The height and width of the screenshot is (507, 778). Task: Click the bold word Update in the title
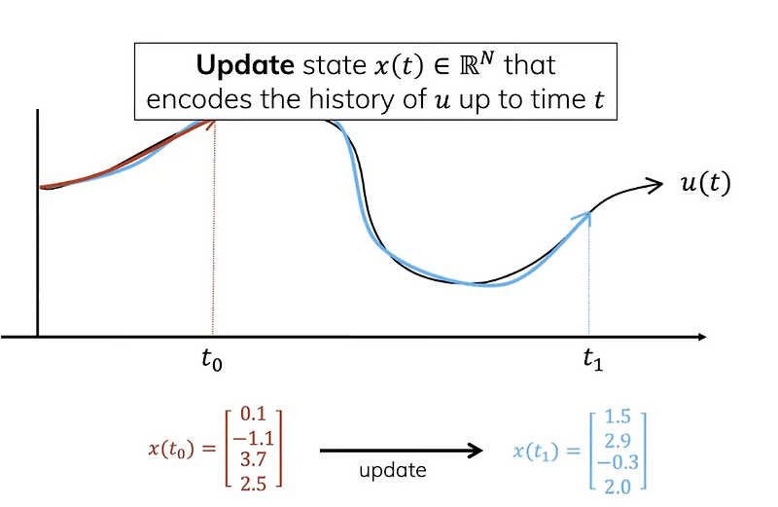pyautogui.click(x=238, y=66)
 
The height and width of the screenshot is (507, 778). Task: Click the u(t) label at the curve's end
pyautogui.click(x=704, y=184)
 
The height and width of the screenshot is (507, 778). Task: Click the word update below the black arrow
pyautogui.click(x=393, y=471)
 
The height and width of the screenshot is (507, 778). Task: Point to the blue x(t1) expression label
pyautogui.click(x=541, y=451)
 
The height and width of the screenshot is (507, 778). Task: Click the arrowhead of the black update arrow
pyautogui.click(x=476, y=450)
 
